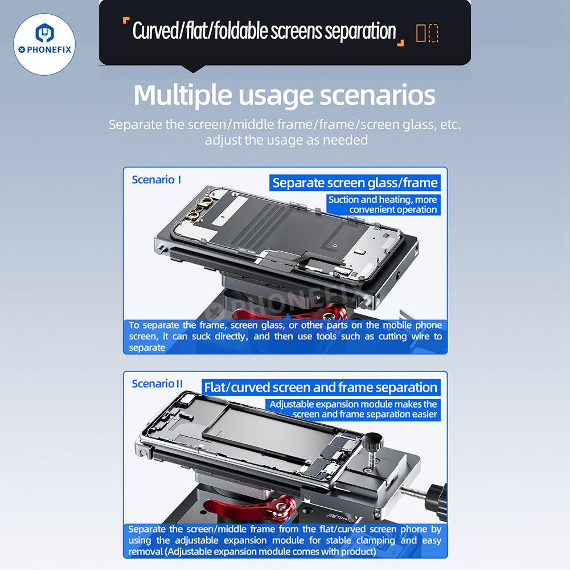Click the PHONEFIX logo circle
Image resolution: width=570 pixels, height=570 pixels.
click(x=44, y=44)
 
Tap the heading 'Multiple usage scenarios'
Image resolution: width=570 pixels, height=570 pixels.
click(x=284, y=95)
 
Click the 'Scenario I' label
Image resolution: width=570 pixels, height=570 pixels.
click(x=157, y=179)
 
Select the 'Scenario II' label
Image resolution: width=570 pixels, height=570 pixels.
click(x=157, y=384)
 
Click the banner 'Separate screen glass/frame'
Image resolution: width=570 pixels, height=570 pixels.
click(x=355, y=182)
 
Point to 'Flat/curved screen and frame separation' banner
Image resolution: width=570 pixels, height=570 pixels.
click(x=321, y=387)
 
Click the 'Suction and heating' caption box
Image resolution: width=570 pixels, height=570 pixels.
click(x=383, y=204)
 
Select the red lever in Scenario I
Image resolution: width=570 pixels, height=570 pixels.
click(x=291, y=313)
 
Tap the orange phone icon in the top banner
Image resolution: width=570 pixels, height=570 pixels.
click(x=427, y=33)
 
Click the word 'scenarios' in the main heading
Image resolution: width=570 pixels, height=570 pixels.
click(x=378, y=95)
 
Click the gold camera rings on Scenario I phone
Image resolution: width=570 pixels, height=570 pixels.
click(x=198, y=209)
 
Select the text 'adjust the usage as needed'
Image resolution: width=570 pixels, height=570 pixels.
click(x=286, y=140)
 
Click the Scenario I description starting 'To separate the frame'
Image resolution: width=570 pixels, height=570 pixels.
click(x=285, y=337)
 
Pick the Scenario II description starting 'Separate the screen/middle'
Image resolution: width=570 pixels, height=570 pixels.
click(x=285, y=540)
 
